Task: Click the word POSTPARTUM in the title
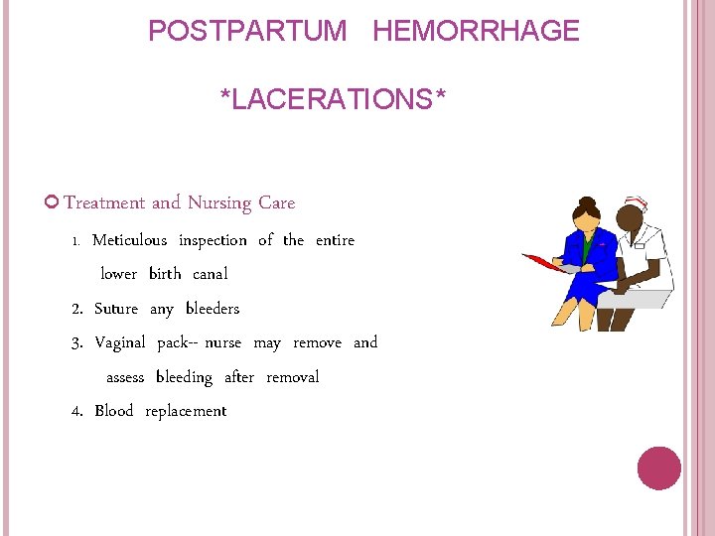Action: click(247, 31)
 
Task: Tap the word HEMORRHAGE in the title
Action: click(476, 31)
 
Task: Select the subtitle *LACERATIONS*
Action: click(333, 99)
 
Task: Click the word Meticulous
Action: click(129, 240)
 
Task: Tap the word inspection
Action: click(213, 240)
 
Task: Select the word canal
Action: click(210, 274)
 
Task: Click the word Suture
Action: click(116, 309)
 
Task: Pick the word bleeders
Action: click(213, 309)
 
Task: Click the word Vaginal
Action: click(120, 342)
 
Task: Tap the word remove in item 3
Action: click(317, 342)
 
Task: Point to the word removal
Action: click(293, 377)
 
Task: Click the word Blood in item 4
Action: click(114, 411)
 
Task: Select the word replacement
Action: click(186, 412)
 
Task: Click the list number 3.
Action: click(76, 343)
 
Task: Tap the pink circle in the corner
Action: click(658, 469)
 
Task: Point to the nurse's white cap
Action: click(637, 204)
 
